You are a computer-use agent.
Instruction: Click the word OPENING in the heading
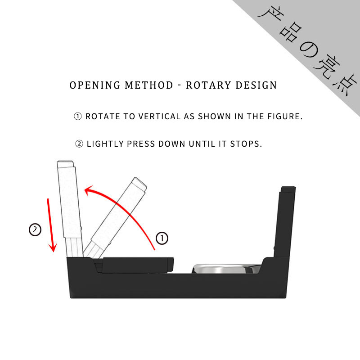point(95,85)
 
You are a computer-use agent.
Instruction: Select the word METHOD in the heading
point(149,85)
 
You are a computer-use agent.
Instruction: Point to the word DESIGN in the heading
point(256,85)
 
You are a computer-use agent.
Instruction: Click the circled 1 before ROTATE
point(78,116)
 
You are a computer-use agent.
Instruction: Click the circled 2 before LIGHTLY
point(79,144)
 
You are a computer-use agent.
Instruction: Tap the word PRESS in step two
point(141,144)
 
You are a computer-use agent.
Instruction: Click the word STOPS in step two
point(245,144)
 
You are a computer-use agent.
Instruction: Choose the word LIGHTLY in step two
point(105,144)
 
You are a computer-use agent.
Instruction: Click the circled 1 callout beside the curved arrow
point(162,238)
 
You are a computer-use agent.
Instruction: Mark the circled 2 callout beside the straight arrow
point(35,229)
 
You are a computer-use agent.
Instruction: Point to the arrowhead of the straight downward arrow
point(53,247)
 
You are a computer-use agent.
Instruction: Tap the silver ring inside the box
point(227,268)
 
